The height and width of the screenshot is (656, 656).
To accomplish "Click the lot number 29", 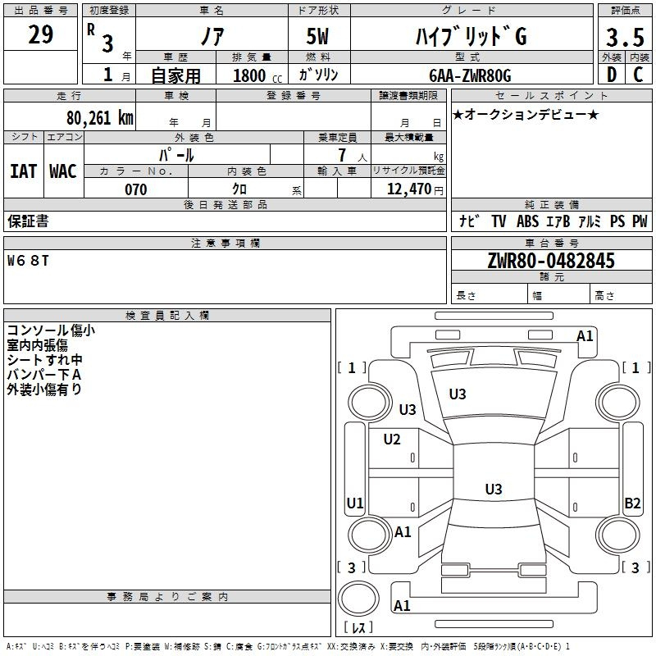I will [41, 35].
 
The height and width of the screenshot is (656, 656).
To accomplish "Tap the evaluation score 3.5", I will [624, 38].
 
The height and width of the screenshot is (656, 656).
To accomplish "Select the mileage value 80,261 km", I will [95, 117].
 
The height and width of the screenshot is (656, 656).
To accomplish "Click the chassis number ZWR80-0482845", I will [551, 262].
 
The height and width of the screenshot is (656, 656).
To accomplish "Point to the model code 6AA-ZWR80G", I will [470, 75].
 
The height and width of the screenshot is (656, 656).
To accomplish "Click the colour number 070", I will [135, 189].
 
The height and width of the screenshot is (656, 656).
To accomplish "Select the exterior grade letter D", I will [612, 75].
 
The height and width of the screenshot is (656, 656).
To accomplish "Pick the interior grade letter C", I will [638, 75].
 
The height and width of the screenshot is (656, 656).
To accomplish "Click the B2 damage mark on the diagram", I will [632, 503].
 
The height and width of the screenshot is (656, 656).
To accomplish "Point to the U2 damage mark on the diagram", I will [392, 440].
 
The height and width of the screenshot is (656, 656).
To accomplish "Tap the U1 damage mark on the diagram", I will [355, 503].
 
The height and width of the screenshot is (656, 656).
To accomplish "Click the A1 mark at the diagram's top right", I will [585, 335].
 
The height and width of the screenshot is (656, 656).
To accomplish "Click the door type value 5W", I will [318, 38].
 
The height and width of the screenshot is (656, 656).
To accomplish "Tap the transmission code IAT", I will [23, 171].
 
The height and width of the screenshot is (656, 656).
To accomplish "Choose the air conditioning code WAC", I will [62, 171].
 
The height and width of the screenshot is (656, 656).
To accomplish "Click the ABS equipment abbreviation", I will [527, 221].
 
